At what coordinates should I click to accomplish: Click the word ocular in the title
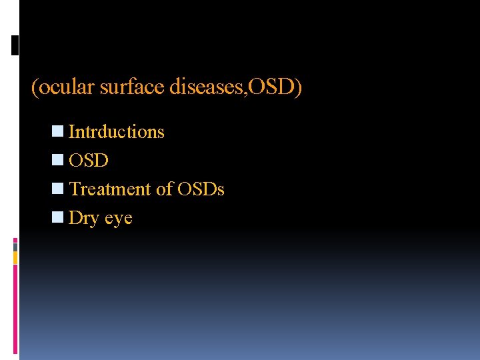click(x=65, y=88)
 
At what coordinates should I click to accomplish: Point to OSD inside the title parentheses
click(x=274, y=88)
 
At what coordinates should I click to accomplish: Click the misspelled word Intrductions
click(x=116, y=132)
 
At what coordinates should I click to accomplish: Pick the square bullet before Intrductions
click(x=58, y=132)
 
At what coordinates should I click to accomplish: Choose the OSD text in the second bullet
click(x=89, y=161)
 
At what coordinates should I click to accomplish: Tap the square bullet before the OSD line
click(x=58, y=161)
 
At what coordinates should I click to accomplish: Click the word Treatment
click(x=111, y=189)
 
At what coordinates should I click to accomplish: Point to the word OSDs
click(x=201, y=189)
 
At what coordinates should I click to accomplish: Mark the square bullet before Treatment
click(x=58, y=189)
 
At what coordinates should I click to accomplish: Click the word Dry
click(x=83, y=218)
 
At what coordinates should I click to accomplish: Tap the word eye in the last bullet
click(x=118, y=218)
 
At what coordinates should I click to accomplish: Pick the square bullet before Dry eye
click(x=58, y=218)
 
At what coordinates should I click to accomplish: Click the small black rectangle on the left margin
click(x=15, y=45)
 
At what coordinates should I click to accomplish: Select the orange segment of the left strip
click(x=15, y=257)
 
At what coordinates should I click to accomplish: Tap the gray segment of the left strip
click(x=15, y=247)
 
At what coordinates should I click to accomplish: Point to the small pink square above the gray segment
click(x=15, y=240)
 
